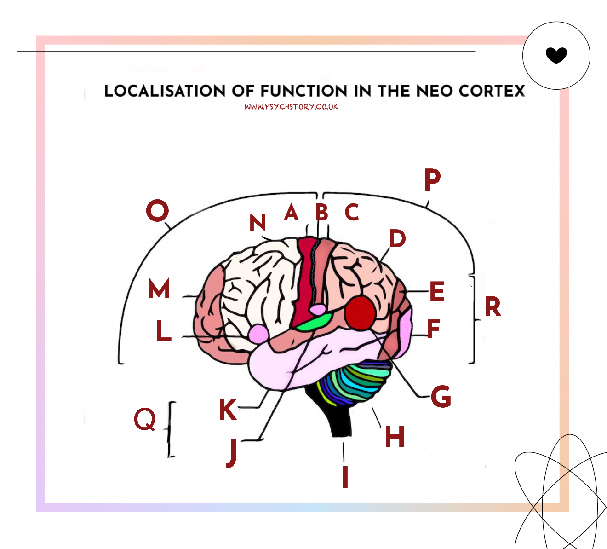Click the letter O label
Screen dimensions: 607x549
157,211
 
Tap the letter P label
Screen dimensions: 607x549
432,179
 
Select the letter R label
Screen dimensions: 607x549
492,307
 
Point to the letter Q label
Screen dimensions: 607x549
145,419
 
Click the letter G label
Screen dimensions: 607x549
441,396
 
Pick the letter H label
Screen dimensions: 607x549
395,436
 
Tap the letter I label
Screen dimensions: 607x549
345,476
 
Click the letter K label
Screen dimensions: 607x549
228,409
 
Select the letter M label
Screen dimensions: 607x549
159,289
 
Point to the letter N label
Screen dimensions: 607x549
258,223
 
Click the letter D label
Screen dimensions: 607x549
397,238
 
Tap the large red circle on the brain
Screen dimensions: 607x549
361,313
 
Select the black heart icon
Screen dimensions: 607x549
556,55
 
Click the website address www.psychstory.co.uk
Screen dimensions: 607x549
291,107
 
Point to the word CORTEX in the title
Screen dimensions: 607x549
492,91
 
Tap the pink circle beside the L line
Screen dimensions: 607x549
258,333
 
